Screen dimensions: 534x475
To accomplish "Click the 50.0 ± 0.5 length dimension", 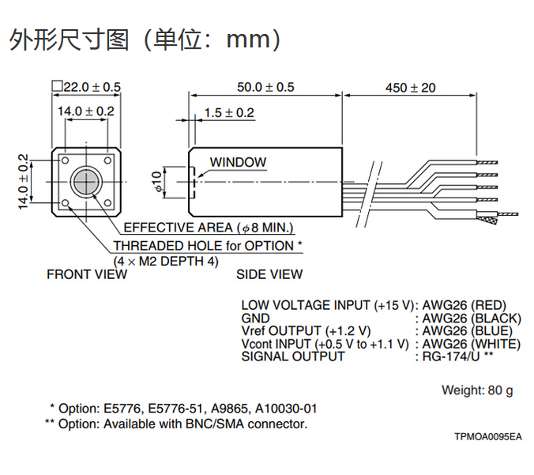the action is [x=265, y=87].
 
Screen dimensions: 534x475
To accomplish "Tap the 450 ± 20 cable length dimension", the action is [x=411, y=88].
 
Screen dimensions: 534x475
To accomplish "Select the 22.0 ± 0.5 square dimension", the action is [x=86, y=87].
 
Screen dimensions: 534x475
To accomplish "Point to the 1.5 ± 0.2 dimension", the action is [x=229, y=113].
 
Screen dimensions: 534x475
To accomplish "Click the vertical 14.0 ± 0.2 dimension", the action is [x=23, y=182].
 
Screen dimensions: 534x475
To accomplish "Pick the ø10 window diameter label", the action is [x=156, y=182].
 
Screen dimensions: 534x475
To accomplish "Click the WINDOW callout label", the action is [x=238, y=162].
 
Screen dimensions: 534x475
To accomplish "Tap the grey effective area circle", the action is [x=85, y=182].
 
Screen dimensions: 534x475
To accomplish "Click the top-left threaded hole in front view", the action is [x=66, y=160].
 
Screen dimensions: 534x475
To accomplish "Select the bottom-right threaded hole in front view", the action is [x=107, y=203].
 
